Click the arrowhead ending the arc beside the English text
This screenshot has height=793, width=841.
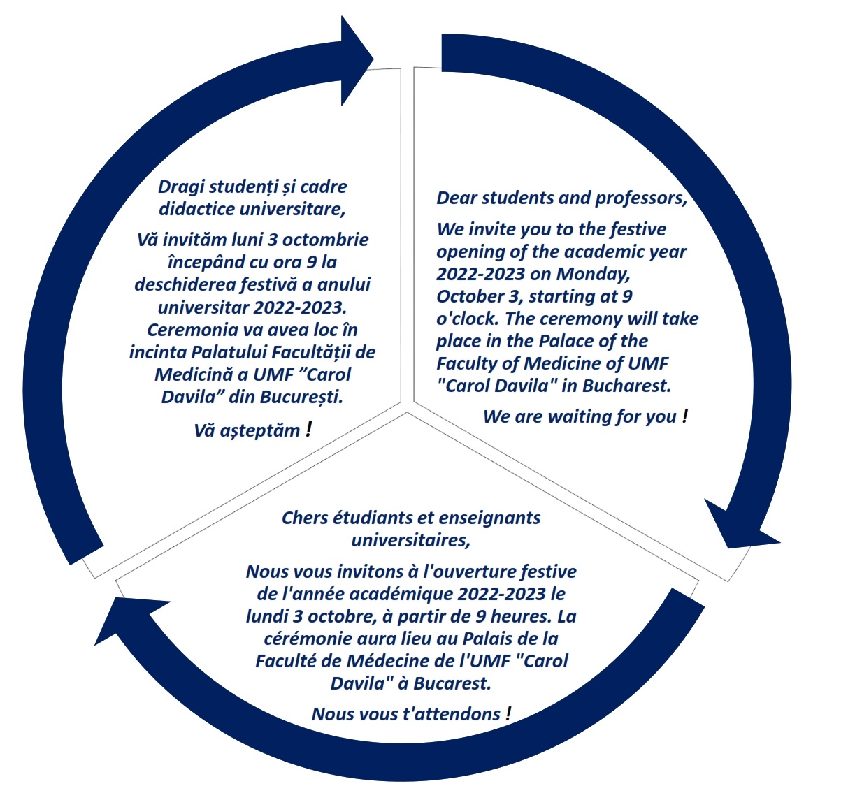tap(738, 528)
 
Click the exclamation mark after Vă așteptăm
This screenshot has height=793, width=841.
tap(309, 430)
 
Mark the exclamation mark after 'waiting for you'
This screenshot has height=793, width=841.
tap(685, 416)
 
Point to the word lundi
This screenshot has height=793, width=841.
tap(267, 616)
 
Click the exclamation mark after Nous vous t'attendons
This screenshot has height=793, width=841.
tap(508, 713)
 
